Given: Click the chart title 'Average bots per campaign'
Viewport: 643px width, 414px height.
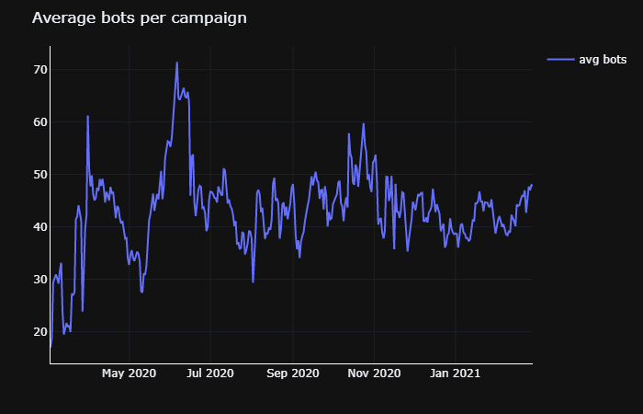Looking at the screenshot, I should point(139,18).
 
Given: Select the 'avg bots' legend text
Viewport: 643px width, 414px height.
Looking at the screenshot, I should point(603,60).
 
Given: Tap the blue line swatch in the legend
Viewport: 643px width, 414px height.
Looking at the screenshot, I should point(560,60).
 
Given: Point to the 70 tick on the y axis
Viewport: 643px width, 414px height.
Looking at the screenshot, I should point(40,70).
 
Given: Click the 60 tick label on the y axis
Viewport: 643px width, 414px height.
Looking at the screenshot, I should point(40,122).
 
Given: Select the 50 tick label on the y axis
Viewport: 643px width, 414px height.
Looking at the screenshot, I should point(40,175).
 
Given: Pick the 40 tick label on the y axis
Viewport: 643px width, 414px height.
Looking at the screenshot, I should point(40,227).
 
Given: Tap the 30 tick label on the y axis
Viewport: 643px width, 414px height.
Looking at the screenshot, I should point(40,280).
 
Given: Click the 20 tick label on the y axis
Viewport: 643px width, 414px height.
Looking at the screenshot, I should point(40,332).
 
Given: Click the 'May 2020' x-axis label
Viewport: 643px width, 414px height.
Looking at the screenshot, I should point(129,374).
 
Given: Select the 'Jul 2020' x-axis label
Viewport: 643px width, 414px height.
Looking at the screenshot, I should point(210,374).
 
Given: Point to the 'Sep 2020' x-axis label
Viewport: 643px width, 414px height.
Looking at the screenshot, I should point(293,374).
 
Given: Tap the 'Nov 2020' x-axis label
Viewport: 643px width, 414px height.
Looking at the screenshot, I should point(375,374).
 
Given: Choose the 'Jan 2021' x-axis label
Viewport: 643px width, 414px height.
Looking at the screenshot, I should point(456,374).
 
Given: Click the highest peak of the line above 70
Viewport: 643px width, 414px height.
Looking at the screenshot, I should point(177,63).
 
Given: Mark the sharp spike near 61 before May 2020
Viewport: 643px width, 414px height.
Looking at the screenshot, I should point(87,116).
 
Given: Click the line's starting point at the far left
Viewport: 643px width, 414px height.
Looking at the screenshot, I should point(51,348).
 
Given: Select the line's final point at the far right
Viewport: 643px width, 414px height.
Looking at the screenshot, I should point(532,185).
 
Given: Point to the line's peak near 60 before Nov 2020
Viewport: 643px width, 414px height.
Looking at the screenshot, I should point(364,124).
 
